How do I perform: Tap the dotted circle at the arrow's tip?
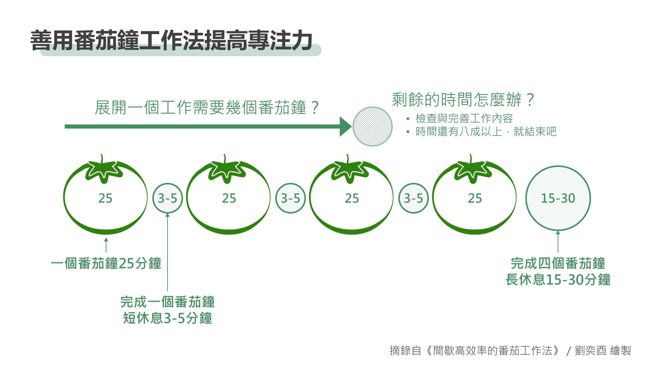(373, 127)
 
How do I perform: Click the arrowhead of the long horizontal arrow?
(345, 127)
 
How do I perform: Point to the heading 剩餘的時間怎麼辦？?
(463, 99)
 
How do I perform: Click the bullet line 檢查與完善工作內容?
(464, 118)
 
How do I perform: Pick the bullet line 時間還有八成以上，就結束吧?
(486, 132)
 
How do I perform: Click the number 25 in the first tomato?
(105, 198)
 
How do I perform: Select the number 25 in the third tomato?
(352, 198)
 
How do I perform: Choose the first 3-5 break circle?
(167, 198)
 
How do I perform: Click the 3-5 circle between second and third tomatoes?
(291, 198)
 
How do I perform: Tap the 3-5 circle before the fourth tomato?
(413, 198)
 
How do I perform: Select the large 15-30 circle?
(558, 198)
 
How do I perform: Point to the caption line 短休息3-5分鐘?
(167, 318)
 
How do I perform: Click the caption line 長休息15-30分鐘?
(558, 280)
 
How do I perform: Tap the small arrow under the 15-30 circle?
(558, 241)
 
